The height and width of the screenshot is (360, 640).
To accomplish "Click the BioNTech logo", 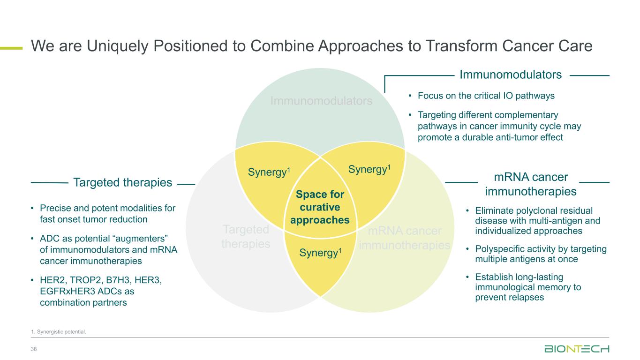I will point(577,349).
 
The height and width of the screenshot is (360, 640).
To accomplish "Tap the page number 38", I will point(34,349).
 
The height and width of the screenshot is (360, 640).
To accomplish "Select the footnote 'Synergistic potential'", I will point(59,332).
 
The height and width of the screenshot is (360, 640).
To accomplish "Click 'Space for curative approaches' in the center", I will point(320,207).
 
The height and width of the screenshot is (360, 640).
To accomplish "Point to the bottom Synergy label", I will point(320,253).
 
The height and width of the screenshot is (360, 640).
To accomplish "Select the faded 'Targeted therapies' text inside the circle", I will point(246,237).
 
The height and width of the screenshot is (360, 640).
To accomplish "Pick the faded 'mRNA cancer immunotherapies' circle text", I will point(405,238).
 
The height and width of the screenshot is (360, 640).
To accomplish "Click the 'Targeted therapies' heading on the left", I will point(123,183).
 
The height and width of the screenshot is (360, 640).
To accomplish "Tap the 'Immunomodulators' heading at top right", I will point(511,75).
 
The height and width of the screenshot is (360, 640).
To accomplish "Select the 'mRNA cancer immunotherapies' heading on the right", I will point(531,184).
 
